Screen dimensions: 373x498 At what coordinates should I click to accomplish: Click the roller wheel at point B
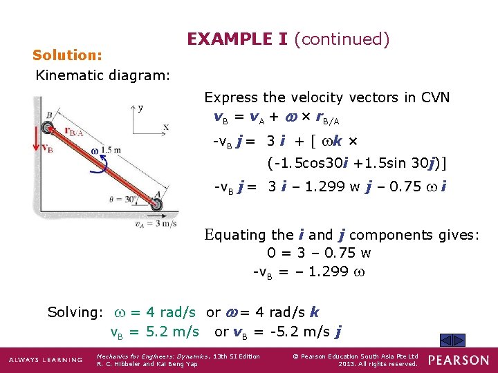coord(47,127)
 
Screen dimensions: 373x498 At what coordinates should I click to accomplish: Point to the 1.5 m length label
coord(111,150)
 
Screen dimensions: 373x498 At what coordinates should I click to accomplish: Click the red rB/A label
coord(74,131)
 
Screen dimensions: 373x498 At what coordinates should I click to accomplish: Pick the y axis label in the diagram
coord(140,108)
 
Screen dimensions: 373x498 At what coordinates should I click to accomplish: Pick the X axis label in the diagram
coord(166,127)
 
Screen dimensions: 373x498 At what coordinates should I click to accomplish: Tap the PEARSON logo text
coord(457,360)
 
